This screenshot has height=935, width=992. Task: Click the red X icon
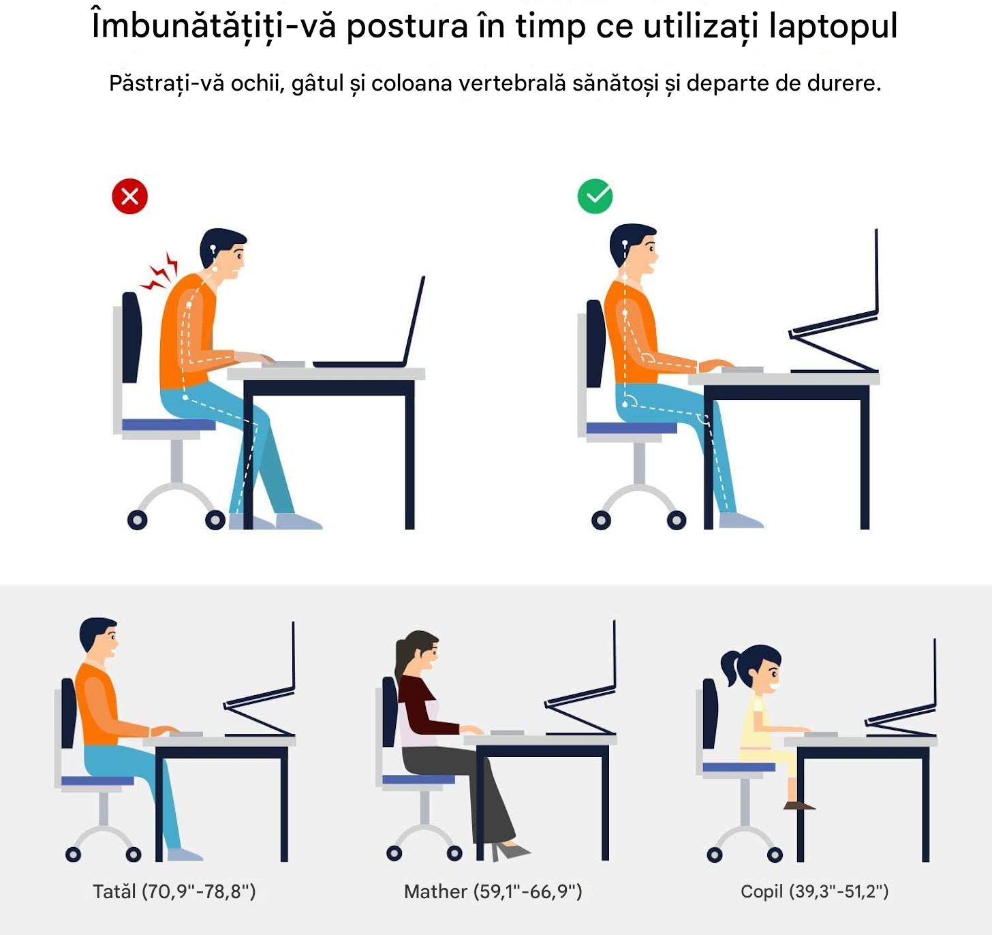[130, 196]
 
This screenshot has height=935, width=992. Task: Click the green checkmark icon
[595, 196]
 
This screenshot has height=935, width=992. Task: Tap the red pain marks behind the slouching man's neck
[159, 273]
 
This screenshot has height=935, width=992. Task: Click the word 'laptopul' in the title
[833, 26]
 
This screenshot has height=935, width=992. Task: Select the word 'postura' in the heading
[407, 27]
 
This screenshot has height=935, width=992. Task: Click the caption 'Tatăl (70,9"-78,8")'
[174, 891]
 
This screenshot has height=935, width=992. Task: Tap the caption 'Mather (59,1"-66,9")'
[493, 891]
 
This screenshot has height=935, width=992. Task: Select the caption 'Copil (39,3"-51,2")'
[815, 891]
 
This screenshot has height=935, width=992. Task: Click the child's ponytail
[730, 666]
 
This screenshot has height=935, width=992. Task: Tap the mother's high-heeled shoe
[510, 851]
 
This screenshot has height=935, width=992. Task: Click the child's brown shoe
[799, 805]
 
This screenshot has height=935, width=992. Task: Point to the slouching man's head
[223, 253]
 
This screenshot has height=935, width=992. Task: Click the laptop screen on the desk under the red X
[414, 320]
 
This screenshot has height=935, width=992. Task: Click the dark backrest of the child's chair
[710, 713]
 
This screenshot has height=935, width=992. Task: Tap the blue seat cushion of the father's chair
[97, 780]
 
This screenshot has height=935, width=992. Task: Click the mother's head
[418, 652]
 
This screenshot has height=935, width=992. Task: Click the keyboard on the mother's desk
[507, 733]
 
